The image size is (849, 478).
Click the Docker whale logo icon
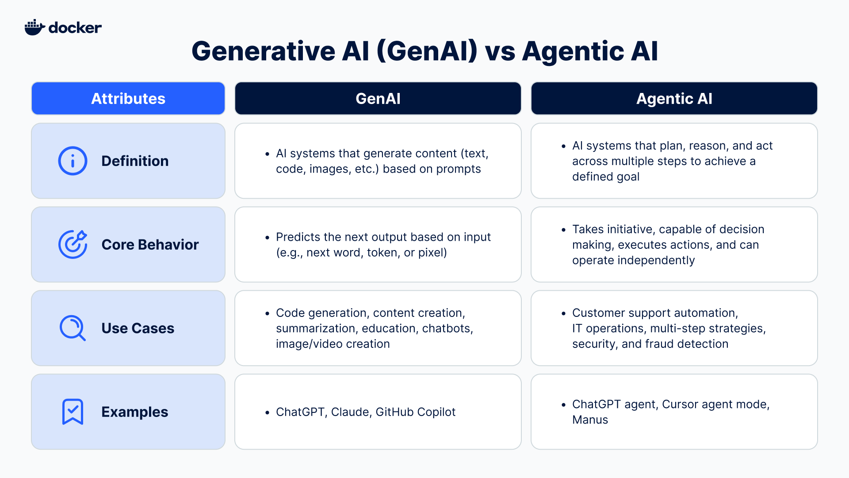34,27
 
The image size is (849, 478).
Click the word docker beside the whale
75,28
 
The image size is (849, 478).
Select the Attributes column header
128,98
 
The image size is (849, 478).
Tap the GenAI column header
378,98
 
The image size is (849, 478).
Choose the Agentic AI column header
674,98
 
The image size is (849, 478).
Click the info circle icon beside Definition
73,161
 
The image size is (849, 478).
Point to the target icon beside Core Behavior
73,244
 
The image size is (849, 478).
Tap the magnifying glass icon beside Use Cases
73,328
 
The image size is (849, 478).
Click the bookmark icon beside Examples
73,412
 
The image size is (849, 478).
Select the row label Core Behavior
150,244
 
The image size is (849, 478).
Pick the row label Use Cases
138,328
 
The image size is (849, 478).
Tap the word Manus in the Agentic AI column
590,420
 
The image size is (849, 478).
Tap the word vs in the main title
500,51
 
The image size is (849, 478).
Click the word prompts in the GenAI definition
458,169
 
